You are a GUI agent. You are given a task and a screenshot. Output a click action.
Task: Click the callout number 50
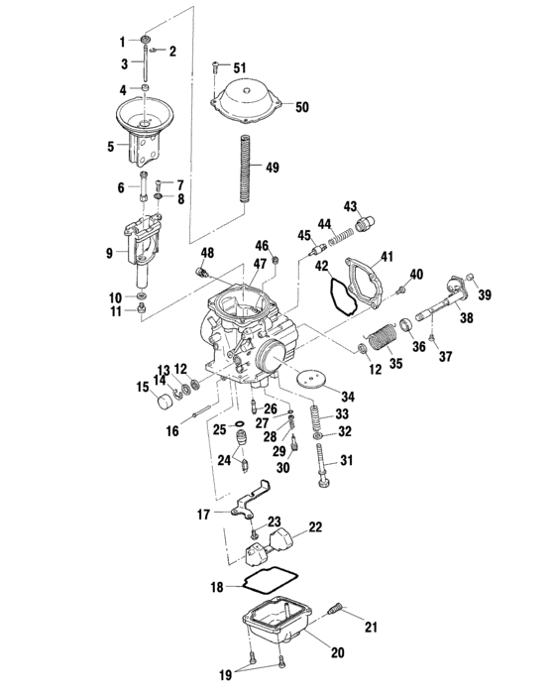point(302,106)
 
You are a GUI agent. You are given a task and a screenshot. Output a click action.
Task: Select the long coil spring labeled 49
point(248,168)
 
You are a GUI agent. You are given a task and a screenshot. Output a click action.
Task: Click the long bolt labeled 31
point(322,466)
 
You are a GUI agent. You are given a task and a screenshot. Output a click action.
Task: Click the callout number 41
point(386,257)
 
